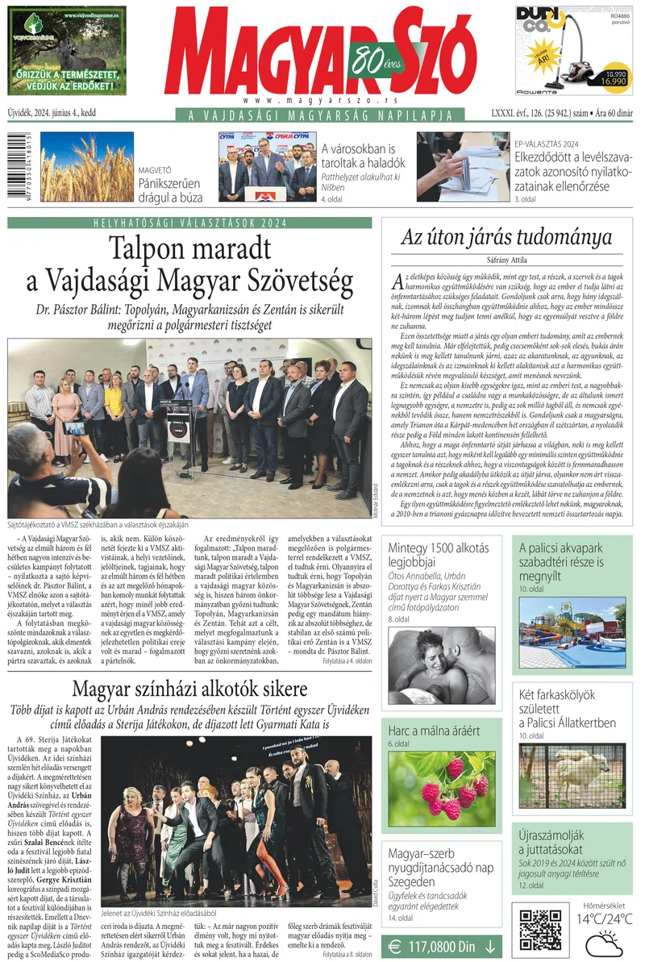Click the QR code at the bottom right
pos(539,927)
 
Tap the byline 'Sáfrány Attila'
pos(506,260)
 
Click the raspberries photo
pos(441,789)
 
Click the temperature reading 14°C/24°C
pos(603,918)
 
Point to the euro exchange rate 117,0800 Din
pos(442,947)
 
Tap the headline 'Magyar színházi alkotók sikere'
pos(189,689)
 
